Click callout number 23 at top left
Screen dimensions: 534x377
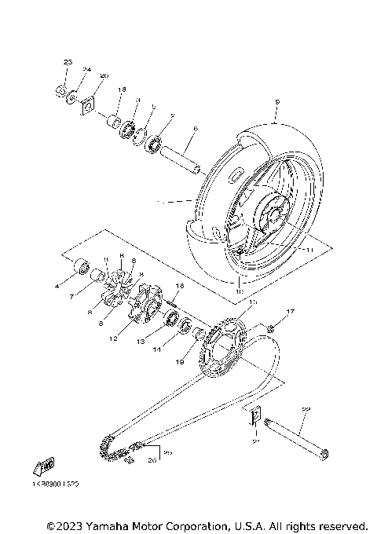(67, 62)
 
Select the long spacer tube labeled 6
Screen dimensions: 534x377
(181, 158)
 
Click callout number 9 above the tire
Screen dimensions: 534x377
(277, 103)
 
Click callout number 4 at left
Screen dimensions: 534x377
(57, 287)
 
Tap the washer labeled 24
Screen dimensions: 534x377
(71, 97)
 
